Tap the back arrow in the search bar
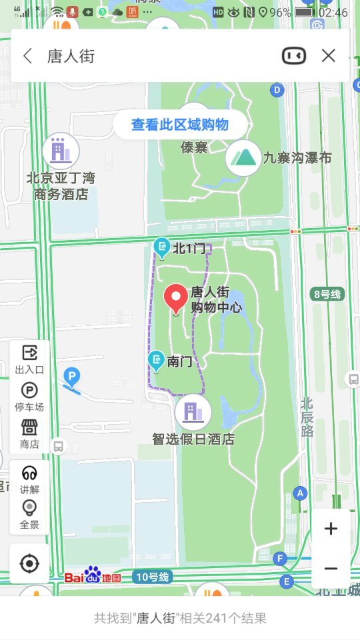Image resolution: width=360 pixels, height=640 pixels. (x=27, y=56)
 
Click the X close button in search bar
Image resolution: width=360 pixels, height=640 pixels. (x=328, y=56)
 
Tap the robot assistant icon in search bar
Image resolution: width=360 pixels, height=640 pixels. (x=294, y=56)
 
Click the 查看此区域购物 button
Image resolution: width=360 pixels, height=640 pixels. (x=179, y=125)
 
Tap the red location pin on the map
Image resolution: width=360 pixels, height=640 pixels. (x=177, y=299)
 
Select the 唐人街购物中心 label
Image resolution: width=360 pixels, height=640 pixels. (x=216, y=299)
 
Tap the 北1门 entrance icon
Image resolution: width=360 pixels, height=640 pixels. (x=161, y=248)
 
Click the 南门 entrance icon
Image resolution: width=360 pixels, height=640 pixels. (x=157, y=361)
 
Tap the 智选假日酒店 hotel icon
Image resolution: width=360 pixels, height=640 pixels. (x=193, y=413)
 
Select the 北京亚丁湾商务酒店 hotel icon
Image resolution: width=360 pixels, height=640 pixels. (x=61, y=151)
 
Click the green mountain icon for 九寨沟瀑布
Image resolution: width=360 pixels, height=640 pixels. (x=243, y=158)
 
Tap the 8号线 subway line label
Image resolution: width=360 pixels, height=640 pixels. (x=327, y=294)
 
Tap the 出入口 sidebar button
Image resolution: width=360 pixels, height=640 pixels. (x=29, y=358)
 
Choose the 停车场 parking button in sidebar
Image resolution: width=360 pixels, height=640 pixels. (x=29, y=396)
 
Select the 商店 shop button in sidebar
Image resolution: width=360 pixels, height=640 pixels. (x=29, y=433)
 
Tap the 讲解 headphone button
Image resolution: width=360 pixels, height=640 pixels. (x=29, y=478)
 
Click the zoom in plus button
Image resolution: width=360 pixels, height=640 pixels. (x=331, y=529)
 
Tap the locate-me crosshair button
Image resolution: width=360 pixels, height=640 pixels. (x=29, y=564)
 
